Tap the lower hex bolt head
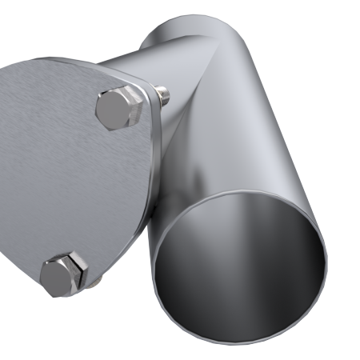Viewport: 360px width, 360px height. (63, 274)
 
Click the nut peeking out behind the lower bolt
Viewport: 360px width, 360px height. (94, 282)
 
